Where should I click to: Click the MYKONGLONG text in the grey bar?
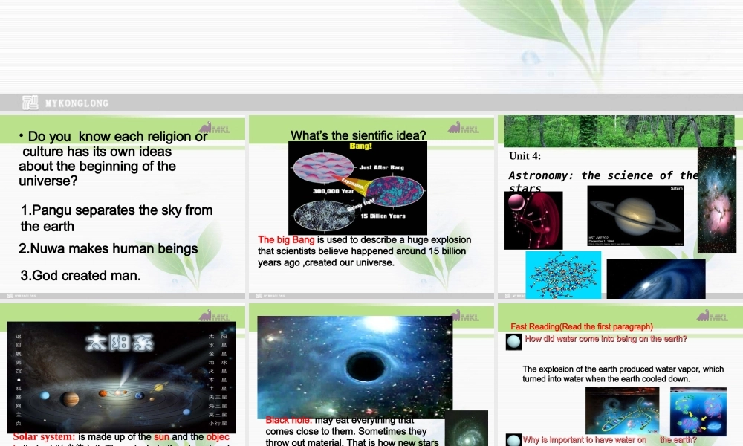[77, 103]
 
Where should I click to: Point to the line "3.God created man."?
[81, 276]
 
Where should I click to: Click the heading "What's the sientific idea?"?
[358, 135]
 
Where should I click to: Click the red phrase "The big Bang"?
[287, 240]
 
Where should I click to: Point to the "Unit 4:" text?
[525, 156]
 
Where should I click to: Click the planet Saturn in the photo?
[635, 216]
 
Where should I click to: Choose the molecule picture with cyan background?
[563, 275]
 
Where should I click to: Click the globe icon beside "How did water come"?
[513, 342]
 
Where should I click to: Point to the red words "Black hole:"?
[289, 421]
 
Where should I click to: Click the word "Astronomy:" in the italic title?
[542, 176]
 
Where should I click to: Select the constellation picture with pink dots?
[533, 220]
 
